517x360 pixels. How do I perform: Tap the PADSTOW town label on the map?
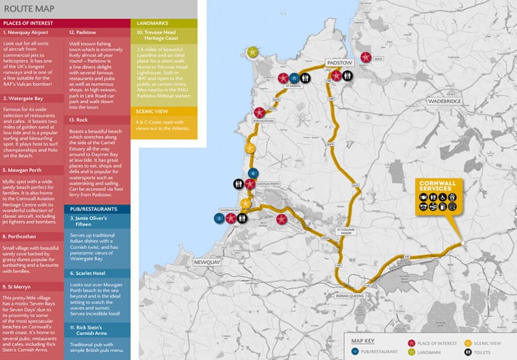(339, 63)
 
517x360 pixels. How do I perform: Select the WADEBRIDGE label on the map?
(444, 101)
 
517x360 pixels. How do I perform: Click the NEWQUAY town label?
(208, 263)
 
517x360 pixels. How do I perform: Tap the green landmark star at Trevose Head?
(252, 52)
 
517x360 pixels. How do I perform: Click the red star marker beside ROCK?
(366, 58)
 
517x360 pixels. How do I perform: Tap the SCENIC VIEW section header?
(153, 111)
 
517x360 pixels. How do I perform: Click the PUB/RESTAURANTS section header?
(92, 209)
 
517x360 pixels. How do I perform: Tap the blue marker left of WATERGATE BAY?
(219, 218)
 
